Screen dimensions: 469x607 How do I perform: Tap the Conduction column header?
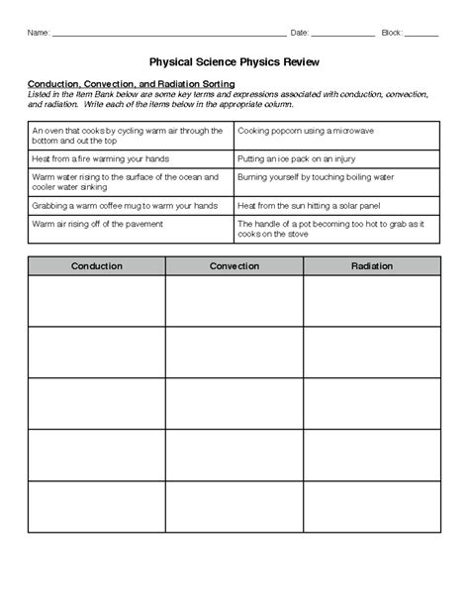pyautogui.click(x=97, y=266)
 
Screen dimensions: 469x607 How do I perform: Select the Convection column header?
pyautogui.click(x=234, y=266)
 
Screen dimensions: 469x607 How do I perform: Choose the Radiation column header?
pyautogui.click(x=371, y=266)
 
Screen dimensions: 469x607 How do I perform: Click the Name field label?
pyautogui.click(x=38, y=33)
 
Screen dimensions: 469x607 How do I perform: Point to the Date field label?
pyautogui.click(x=300, y=33)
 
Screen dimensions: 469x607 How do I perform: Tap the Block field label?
pyautogui.click(x=391, y=33)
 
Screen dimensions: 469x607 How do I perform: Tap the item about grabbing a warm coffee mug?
pyautogui.click(x=124, y=205)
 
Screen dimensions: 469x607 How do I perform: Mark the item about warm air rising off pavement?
pyautogui.click(x=97, y=224)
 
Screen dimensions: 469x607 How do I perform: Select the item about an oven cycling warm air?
pyautogui.click(x=130, y=136)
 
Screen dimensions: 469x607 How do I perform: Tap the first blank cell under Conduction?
pyautogui.click(x=97, y=300)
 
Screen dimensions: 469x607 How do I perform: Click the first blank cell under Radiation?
pyautogui.click(x=371, y=300)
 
